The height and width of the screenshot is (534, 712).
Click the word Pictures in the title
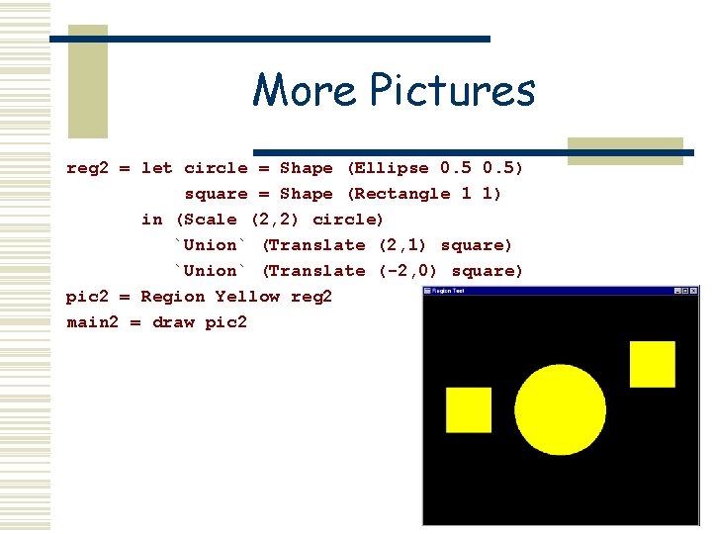coord(452,91)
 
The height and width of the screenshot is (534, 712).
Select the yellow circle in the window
coord(560,409)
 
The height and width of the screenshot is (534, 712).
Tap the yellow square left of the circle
coord(469,409)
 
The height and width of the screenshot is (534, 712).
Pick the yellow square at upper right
coord(653,364)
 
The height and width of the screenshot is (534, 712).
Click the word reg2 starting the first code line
coord(87,168)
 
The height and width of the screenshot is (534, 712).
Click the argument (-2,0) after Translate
coord(409,271)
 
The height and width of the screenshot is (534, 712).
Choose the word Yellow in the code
coord(247,297)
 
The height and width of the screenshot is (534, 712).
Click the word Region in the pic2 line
coord(173,297)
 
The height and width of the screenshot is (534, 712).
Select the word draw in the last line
coord(173,322)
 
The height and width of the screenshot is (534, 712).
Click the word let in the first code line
coord(156,168)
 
